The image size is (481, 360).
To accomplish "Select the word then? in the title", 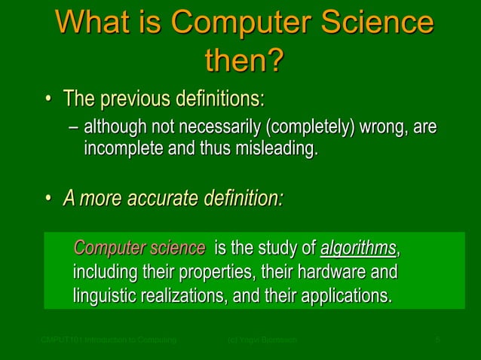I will click(x=241, y=62).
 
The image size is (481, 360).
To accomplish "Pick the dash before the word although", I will click(x=73, y=128).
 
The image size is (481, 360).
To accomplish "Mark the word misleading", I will click(x=277, y=148).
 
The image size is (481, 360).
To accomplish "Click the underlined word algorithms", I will click(x=358, y=248).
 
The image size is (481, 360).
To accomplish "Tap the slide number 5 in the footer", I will click(x=437, y=341).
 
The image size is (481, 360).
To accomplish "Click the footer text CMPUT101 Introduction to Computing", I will click(x=109, y=341).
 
